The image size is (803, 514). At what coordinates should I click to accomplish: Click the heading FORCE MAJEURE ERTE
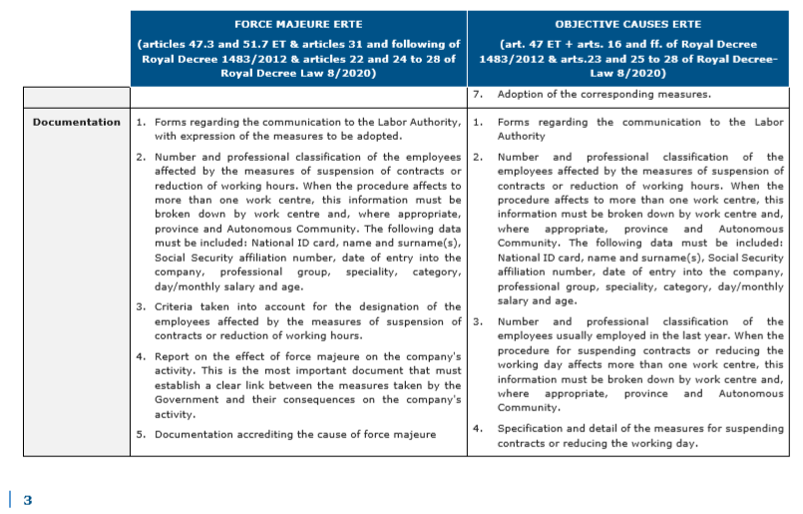tap(298, 23)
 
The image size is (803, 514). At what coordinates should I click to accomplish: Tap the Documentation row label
tap(76, 122)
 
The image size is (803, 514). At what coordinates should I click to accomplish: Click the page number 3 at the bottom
tap(28, 500)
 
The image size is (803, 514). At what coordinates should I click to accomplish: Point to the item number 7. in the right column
tap(479, 95)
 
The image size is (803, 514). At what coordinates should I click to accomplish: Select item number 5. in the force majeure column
tap(141, 434)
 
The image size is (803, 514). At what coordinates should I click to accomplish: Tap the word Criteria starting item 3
tap(178, 306)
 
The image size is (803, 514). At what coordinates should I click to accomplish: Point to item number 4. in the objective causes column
tap(478, 428)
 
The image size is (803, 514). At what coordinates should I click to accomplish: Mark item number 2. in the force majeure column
tap(141, 157)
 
